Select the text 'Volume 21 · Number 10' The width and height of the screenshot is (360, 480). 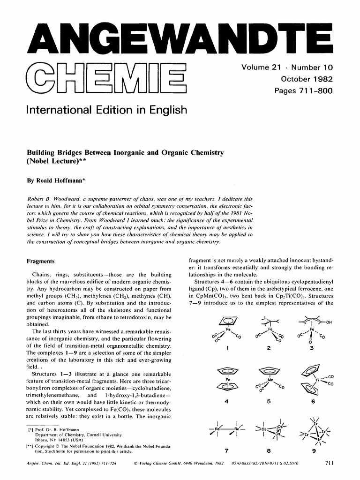point(287,68)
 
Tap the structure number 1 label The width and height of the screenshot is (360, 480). point(227,348)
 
